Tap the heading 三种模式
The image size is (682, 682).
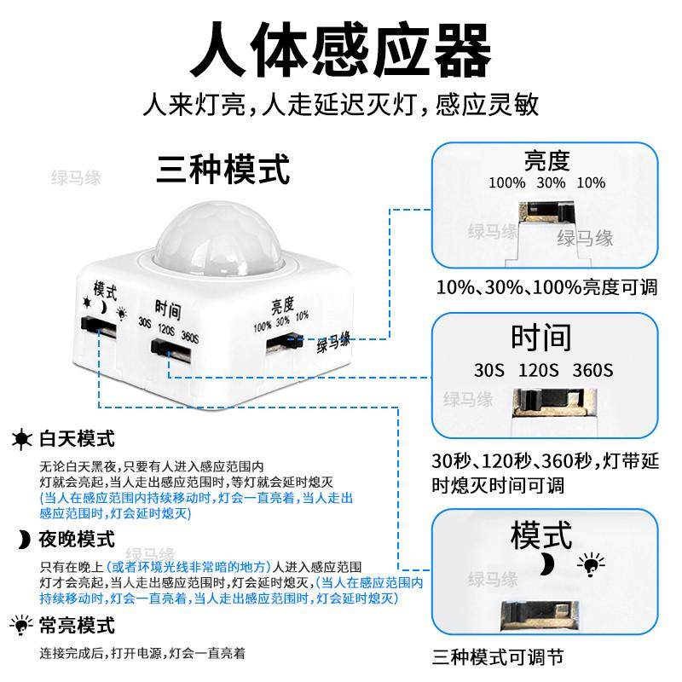(x=223, y=168)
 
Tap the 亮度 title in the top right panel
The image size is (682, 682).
(x=546, y=160)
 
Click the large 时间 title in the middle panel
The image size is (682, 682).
(x=540, y=338)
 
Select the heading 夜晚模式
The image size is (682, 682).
(x=77, y=539)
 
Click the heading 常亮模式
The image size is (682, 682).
(x=77, y=626)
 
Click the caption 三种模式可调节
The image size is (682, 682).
(x=497, y=656)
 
